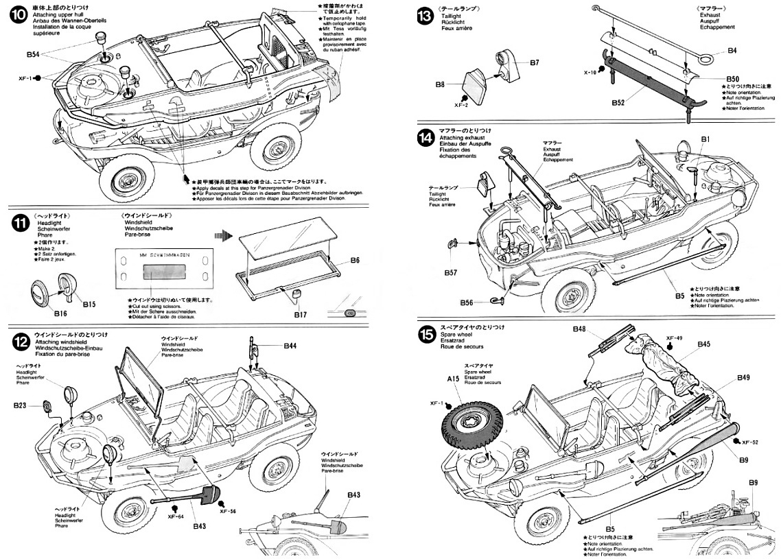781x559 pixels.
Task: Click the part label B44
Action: pyautogui.click(x=290, y=346)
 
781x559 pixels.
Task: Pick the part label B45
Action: pyautogui.click(x=703, y=344)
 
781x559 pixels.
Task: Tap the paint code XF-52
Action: pyautogui.click(x=750, y=442)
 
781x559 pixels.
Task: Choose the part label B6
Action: pyautogui.click(x=354, y=261)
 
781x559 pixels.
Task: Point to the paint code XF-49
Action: pyautogui.click(x=674, y=338)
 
